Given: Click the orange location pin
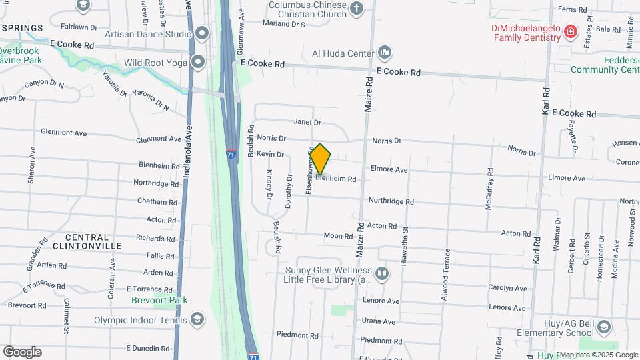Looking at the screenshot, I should (x=321, y=159).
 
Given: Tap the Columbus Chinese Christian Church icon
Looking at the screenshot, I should (x=357, y=8).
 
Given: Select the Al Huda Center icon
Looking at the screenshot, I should (x=384, y=52).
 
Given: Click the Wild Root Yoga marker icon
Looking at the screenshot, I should (x=197, y=63).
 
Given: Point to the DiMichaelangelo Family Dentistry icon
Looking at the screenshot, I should (x=570, y=31).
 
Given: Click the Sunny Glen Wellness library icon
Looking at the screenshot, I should (x=382, y=273).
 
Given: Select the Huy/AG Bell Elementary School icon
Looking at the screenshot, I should (x=603, y=327).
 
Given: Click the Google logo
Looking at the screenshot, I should (x=22, y=352).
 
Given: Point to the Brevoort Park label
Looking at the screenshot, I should (x=159, y=301).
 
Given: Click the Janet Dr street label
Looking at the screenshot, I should (x=307, y=123).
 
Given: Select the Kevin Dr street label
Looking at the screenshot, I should (x=271, y=154).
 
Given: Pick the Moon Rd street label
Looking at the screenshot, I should (x=338, y=236).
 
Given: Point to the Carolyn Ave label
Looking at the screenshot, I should (x=507, y=288).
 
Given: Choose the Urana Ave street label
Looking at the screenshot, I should (x=378, y=321).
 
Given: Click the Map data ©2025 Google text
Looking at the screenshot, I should (x=598, y=355).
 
